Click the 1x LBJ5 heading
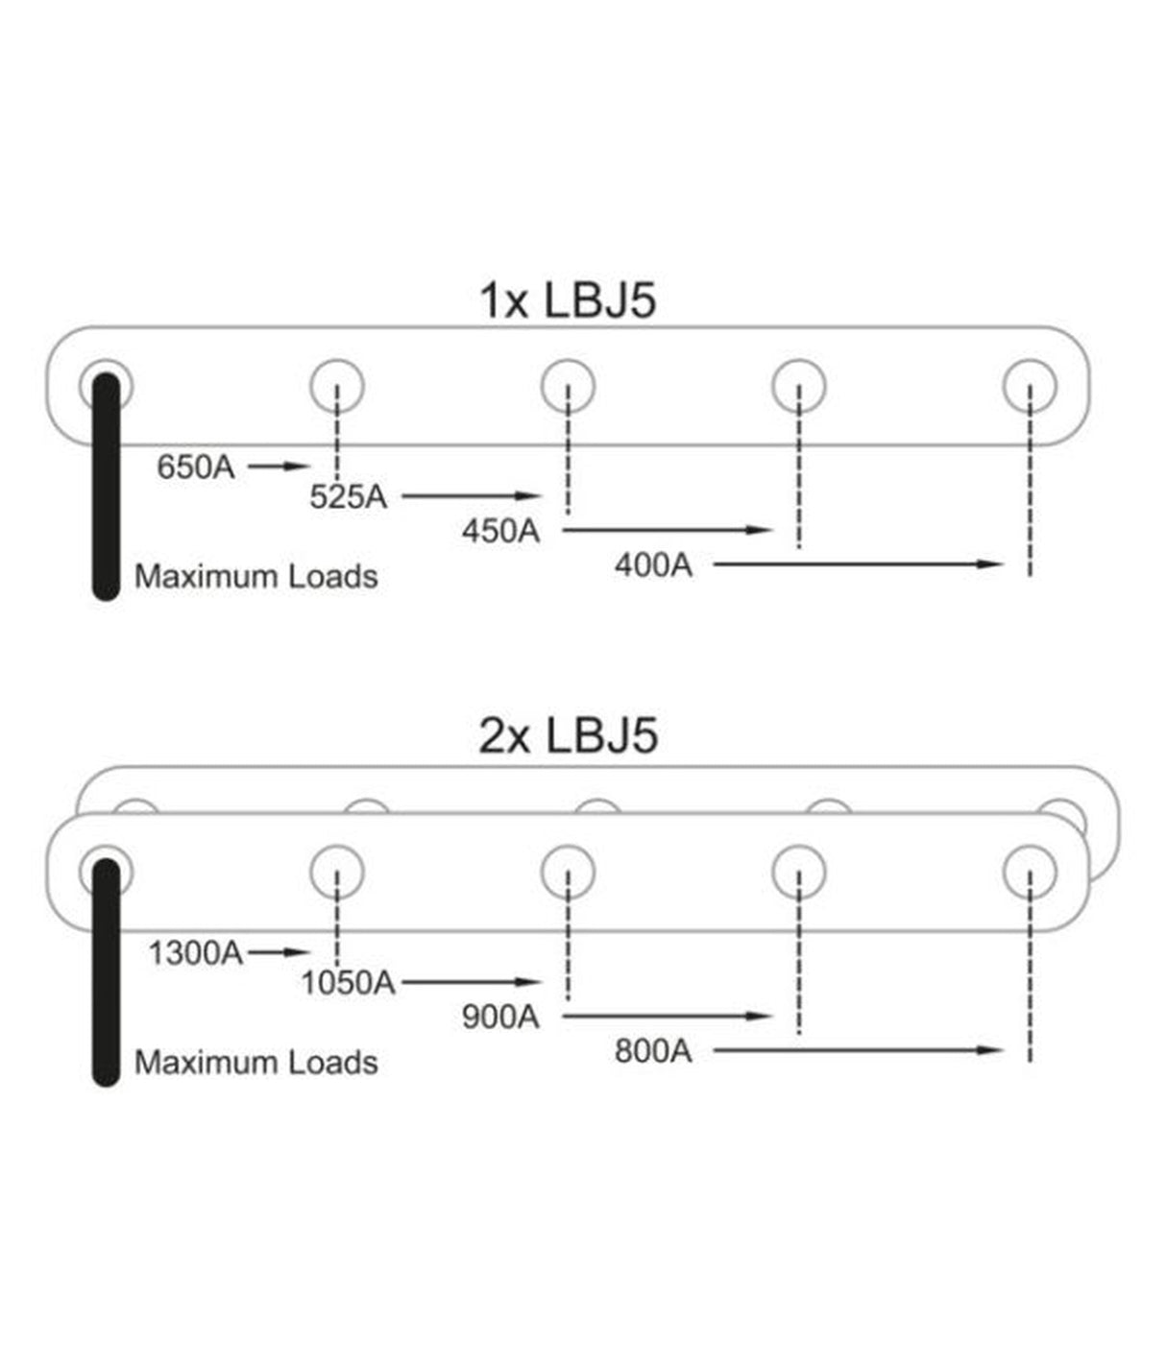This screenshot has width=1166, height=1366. click(568, 300)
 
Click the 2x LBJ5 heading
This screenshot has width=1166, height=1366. click(568, 736)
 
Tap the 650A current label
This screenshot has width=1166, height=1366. click(196, 467)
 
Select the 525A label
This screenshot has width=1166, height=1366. click(348, 497)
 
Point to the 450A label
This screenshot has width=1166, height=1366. click(500, 531)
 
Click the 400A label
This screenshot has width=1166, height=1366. click(653, 565)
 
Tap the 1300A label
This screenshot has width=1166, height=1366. click(196, 953)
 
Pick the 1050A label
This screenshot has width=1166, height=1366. click(348, 983)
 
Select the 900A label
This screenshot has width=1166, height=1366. click(500, 1017)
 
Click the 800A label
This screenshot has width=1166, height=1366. click(653, 1051)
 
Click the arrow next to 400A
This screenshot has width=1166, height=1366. click(858, 564)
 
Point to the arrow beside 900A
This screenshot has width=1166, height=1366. click(668, 1016)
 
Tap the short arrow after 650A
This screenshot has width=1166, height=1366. click(279, 467)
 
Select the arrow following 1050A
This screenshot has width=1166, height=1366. click(472, 982)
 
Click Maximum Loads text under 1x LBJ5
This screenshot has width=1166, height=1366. click(255, 576)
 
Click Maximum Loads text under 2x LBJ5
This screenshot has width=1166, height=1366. click(255, 1062)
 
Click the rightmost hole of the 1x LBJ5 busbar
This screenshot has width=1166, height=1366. click(1030, 386)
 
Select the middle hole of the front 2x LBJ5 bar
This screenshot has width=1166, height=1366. click(568, 872)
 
